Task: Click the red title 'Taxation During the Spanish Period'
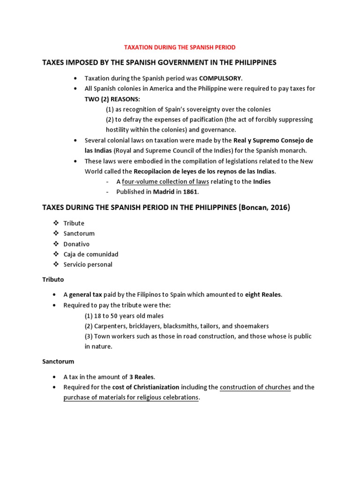click(180, 47)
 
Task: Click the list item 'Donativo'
click(76, 244)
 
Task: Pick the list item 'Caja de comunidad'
click(90, 254)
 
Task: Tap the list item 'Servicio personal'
click(88, 264)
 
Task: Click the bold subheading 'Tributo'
click(53, 279)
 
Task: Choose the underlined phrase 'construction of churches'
click(255, 387)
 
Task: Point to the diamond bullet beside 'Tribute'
click(55, 223)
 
